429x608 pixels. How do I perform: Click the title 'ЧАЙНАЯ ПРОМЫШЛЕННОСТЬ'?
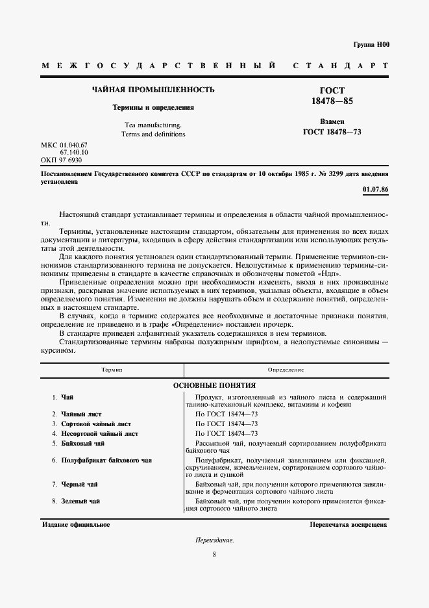click(153, 89)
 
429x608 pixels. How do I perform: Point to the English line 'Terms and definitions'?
click(153, 134)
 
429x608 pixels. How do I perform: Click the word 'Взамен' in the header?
click(332, 121)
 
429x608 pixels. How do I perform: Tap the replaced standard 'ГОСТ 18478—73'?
click(332, 132)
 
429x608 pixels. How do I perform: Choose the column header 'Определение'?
click(287, 370)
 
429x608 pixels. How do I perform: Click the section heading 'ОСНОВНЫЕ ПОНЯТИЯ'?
click(214, 385)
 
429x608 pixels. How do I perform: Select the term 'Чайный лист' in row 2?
click(82, 413)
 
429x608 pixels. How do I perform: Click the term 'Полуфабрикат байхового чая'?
click(106, 461)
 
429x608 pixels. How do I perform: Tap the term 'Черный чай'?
click(79, 485)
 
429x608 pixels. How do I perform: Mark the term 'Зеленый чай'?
click(80, 501)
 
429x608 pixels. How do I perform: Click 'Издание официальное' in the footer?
click(76, 524)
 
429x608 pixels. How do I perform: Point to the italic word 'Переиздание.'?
click(214, 540)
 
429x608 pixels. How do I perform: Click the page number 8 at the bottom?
click(214, 554)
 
